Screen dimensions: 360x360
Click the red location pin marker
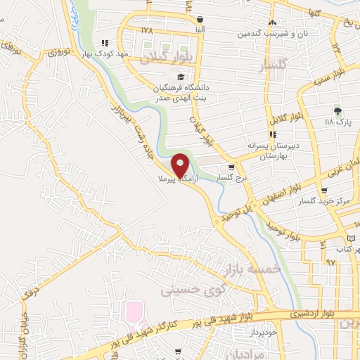point(182,165)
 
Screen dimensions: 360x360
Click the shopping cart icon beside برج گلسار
point(231,168)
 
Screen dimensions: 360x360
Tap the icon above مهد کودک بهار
point(105,43)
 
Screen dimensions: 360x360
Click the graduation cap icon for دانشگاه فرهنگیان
point(180,77)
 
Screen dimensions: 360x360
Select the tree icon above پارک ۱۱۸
point(337,111)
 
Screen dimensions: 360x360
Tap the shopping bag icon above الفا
point(201,20)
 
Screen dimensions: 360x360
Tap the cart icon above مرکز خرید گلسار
point(323,191)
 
